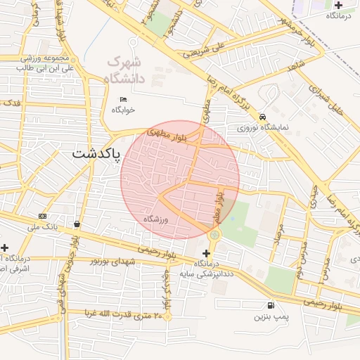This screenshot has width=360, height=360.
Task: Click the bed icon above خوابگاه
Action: [124, 99]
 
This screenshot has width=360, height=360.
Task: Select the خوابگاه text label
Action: [123, 110]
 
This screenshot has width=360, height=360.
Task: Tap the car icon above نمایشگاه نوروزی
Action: [262, 117]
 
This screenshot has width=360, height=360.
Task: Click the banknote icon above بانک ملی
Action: [43, 216]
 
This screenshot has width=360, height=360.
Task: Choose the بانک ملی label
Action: [43, 226]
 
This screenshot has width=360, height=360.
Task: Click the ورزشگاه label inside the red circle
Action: [158, 220]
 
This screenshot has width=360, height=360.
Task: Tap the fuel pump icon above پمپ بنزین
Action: [271, 305]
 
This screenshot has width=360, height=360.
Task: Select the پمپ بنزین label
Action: [271, 317]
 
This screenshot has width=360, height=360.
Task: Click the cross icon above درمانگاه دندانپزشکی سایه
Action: [206, 252]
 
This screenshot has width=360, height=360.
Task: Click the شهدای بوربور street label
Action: [112, 262]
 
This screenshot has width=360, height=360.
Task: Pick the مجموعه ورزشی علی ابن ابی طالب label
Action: [46, 63]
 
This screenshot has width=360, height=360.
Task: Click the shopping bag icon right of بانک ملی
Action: [76, 224]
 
